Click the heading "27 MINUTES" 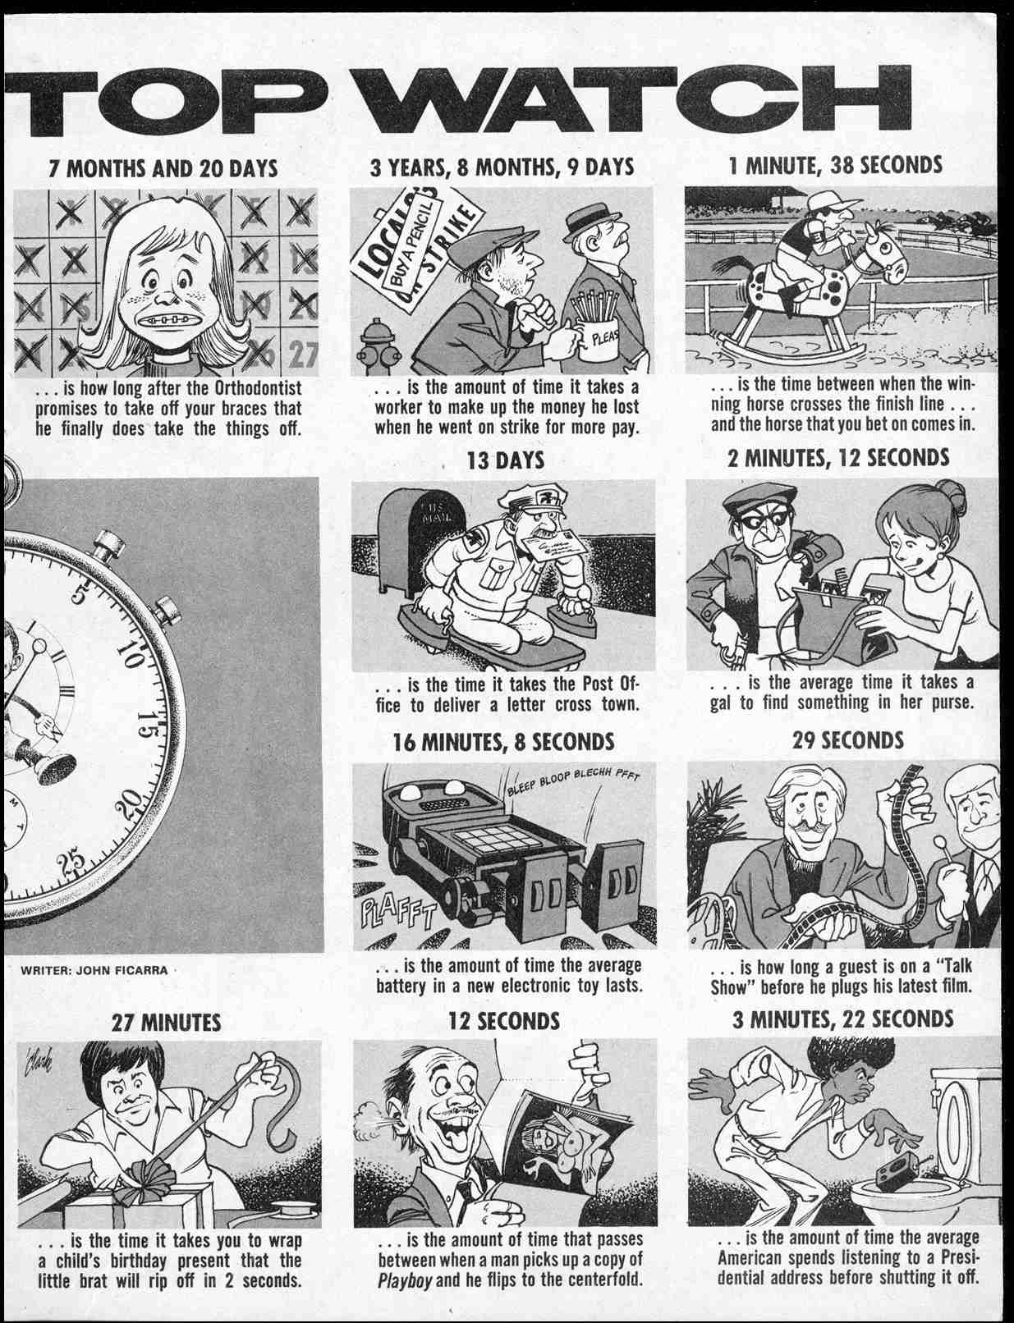pos(166,1023)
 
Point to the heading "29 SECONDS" pos(847,739)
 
